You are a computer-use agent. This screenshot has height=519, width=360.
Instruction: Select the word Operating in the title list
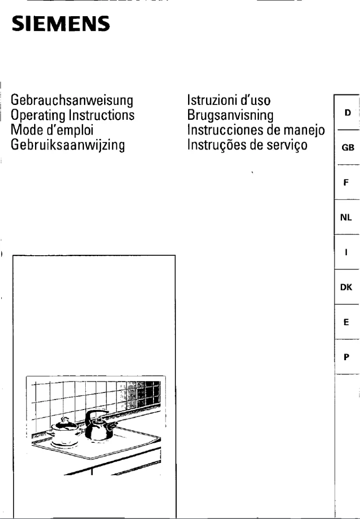pyautogui.click(x=35, y=115)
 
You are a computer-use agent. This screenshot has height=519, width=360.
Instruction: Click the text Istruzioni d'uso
pyautogui.click(x=228, y=99)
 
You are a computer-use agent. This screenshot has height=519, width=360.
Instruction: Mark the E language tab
pyautogui.click(x=347, y=322)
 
